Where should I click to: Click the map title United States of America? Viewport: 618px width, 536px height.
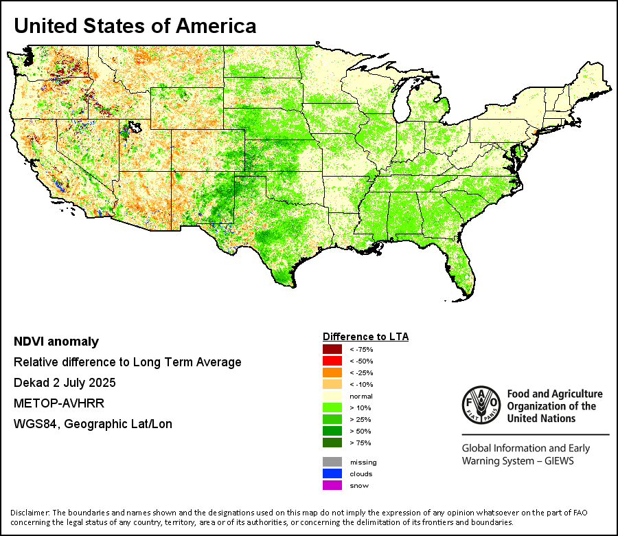click(135, 26)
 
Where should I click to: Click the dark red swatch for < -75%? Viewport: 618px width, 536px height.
click(332, 349)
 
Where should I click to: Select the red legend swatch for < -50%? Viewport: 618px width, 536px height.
click(332, 361)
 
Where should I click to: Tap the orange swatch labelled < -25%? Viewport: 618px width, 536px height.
click(332, 372)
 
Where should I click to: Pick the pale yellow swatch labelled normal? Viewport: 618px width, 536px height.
click(332, 396)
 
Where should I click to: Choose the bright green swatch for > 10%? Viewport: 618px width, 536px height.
click(332, 407)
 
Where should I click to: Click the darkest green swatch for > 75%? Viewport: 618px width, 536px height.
click(332, 443)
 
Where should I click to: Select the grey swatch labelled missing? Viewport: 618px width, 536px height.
click(332, 462)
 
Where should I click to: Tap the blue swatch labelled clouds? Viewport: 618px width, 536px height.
click(332, 473)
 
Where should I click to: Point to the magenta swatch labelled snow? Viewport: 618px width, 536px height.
click(332, 485)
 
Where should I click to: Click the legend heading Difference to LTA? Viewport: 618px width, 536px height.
click(365, 337)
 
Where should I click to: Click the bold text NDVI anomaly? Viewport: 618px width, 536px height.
click(56, 342)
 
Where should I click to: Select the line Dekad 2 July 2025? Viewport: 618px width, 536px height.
click(65, 382)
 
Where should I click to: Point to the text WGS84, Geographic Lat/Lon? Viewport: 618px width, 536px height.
click(93, 424)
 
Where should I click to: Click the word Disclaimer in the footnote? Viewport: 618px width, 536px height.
click(30, 513)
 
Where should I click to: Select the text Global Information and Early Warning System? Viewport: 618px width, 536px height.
click(525, 454)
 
